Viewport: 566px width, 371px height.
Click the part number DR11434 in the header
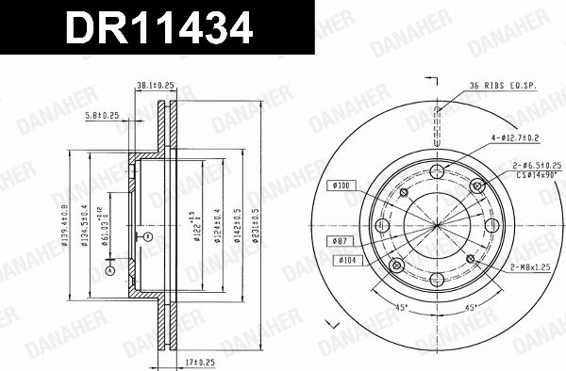click(158, 28)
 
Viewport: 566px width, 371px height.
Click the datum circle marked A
click(110, 270)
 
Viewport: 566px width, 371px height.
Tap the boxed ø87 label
click(341, 241)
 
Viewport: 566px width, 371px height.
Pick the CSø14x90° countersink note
click(533, 174)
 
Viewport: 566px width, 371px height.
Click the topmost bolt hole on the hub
click(436, 170)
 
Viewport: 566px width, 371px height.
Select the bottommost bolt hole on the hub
click(436, 280)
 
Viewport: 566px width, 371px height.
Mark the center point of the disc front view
click(436, 225)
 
